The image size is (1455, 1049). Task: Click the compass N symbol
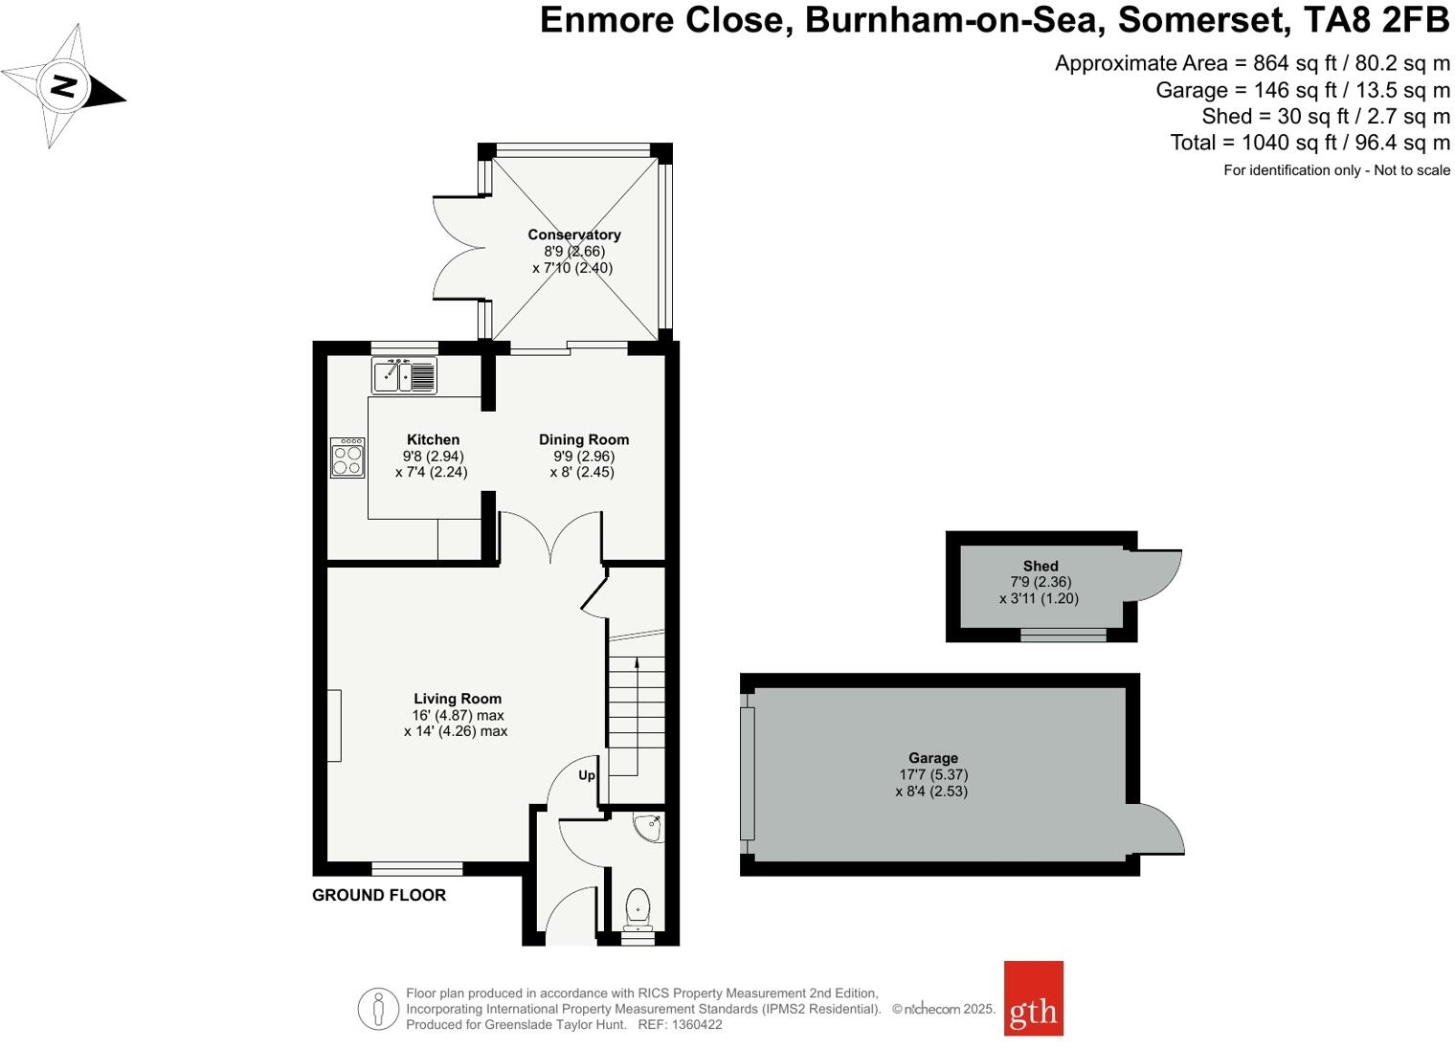click(x=63, y=85)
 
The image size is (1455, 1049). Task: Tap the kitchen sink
click(x=404, y=375)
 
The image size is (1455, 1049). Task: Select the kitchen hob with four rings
click(x=347, y=458)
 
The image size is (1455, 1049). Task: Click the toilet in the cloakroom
click(x=638, y=908)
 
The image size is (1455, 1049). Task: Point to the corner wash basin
click(x=649, y=826)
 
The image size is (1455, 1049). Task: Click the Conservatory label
click(x=574, y=234)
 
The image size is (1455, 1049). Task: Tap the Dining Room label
click(x=584, y=439)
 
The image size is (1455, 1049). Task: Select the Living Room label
click(x=458, y=699)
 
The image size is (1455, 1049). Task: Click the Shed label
click(x=1041, y=566)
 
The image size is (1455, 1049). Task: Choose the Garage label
click(x=933, y=758)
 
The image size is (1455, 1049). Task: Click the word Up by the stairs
click(x=587, y=775)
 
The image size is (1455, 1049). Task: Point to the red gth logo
click(x=1033, y=998)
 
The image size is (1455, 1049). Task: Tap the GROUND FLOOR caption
click(x=379, y=895)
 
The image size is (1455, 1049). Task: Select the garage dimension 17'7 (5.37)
click(x=933, y=774)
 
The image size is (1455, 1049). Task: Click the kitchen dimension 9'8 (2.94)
click(x=433, y=457)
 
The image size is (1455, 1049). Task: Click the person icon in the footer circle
click(x=379, y=1009)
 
